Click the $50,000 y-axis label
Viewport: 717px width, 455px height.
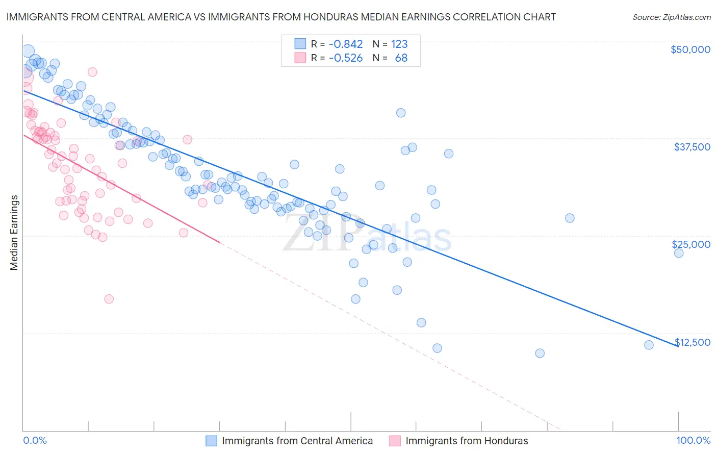[x=690, y=49]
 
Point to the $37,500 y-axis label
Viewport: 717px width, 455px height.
[x=692, y=147]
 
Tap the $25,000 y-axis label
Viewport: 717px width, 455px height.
[x=691, y=244]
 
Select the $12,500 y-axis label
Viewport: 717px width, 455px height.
[x=693, y=342]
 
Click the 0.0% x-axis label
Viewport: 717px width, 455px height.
[x=35, y=441]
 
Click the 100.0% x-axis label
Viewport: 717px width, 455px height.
[x=693, y=441]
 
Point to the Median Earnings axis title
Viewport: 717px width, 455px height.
[x=14, y=233]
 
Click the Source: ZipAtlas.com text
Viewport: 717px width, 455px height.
[x=671, y=17]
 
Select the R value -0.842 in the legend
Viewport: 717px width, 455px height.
[x=346, y=44]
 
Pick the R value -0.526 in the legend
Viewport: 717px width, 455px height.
[x=346, y=58]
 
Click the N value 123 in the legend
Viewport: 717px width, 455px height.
[x=399, y=44]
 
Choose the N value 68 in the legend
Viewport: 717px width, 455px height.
[x=401, y=58]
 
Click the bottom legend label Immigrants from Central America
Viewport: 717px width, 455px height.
[x=297, y=441]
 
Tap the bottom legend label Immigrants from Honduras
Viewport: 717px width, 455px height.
[x=467, y=441]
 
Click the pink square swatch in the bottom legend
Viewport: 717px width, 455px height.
[x=395, y=441]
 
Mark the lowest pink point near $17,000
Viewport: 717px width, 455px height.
[x=109, y=299]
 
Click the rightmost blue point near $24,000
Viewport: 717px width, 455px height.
[x=679, y=253]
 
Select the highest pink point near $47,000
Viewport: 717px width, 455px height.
[x=92, y=72]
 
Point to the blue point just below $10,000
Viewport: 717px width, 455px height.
[x=540, y=353]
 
